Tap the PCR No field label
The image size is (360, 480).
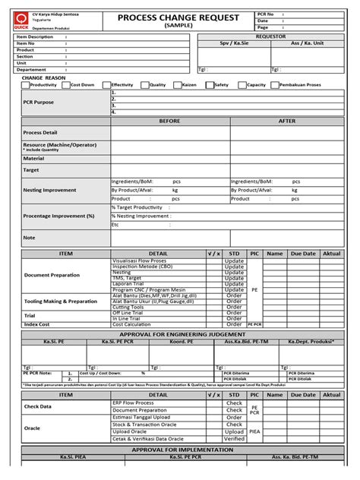(266, 14)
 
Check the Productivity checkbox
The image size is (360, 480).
(26, 85)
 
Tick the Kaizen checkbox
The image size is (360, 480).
(177, 85)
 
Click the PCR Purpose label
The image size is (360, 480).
(39, 102)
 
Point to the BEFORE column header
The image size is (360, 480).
(169, 121)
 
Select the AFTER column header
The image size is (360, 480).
(287, 121)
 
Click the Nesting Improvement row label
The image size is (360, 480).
(49, 190)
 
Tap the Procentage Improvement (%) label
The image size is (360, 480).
(58, 216)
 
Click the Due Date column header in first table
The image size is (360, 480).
(302, 253)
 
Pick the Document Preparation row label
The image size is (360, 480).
(51, 275)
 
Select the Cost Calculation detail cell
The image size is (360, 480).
(132, 324)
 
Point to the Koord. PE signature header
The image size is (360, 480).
(182, 342)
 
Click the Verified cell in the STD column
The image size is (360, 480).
(235, 438)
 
